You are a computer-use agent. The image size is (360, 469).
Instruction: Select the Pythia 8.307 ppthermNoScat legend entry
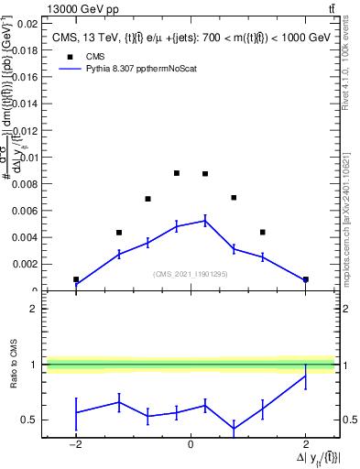(128, 68)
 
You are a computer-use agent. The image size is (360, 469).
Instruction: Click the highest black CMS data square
(177, 173)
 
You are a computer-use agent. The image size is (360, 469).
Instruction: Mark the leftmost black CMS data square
(76, 279)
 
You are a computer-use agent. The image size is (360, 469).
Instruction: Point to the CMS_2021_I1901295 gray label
(190, 274)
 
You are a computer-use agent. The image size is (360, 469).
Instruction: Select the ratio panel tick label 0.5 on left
(27, 420)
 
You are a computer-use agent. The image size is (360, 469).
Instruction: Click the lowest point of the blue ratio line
(234, 429)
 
